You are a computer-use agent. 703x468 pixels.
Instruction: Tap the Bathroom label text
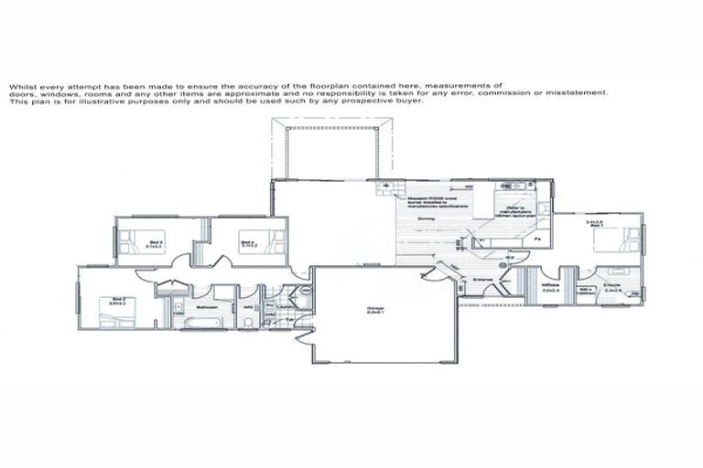point(204,306)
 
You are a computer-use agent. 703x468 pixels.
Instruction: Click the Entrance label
point(482,280)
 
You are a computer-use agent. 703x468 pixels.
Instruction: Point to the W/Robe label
point(549,285)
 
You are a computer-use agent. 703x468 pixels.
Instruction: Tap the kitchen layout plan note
point(519,213)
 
